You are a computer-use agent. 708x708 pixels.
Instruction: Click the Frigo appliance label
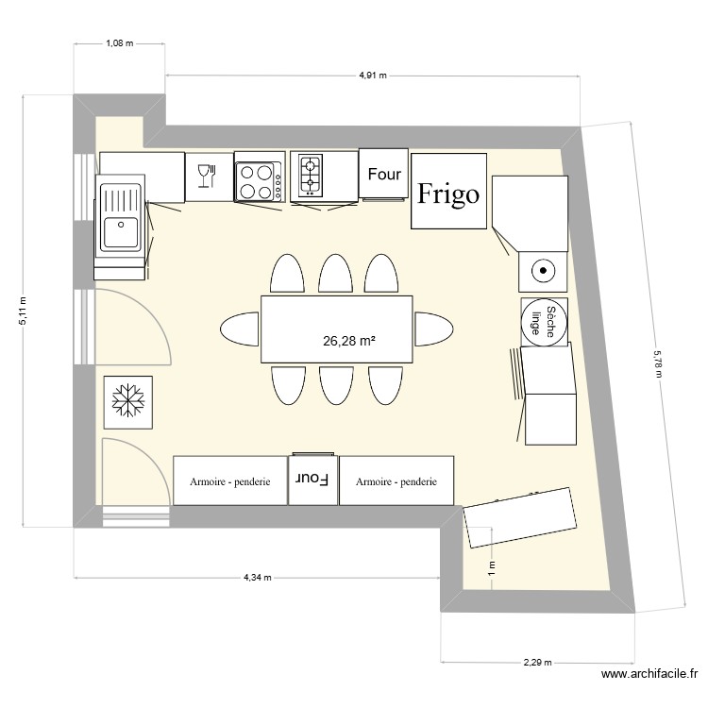coord(448,194)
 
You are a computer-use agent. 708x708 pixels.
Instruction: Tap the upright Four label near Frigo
coord(384,174)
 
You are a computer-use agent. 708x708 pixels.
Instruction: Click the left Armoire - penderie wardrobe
coord(230,481)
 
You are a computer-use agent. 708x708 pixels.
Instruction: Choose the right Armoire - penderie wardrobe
coord(396,481)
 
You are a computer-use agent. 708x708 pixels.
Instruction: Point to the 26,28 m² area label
coord(350,341)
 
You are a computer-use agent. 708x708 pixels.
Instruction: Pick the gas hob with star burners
coord(312,174)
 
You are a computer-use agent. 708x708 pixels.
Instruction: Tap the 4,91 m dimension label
coord(373,76)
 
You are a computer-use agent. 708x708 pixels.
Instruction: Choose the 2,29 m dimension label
coord(537,663)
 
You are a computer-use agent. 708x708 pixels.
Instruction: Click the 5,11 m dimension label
coord(24,311)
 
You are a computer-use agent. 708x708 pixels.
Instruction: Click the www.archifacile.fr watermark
coord(649,674)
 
